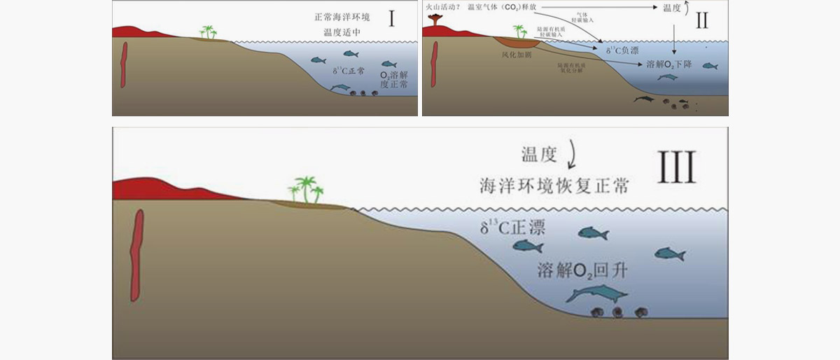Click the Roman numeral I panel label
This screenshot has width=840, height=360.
(x=391, y=19)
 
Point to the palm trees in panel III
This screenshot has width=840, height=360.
(x=307, y=189)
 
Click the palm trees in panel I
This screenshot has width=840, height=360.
(x=208, y=32)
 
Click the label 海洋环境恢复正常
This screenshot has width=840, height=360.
(x=553, y=186)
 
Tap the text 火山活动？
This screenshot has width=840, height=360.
(x=442, y=7)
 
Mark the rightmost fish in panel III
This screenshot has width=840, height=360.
(x=668, y=254)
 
